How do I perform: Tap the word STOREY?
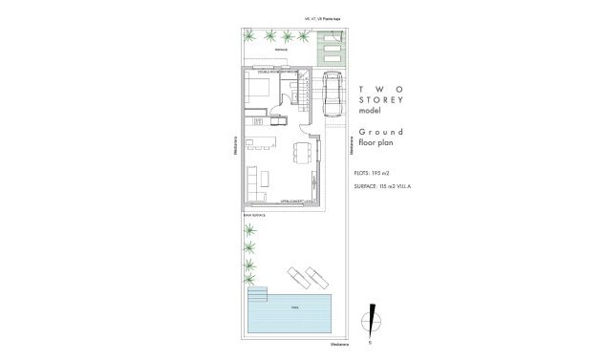pos(381,99)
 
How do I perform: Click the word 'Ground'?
pos(381,131)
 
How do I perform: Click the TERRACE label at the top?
pos(280,50)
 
